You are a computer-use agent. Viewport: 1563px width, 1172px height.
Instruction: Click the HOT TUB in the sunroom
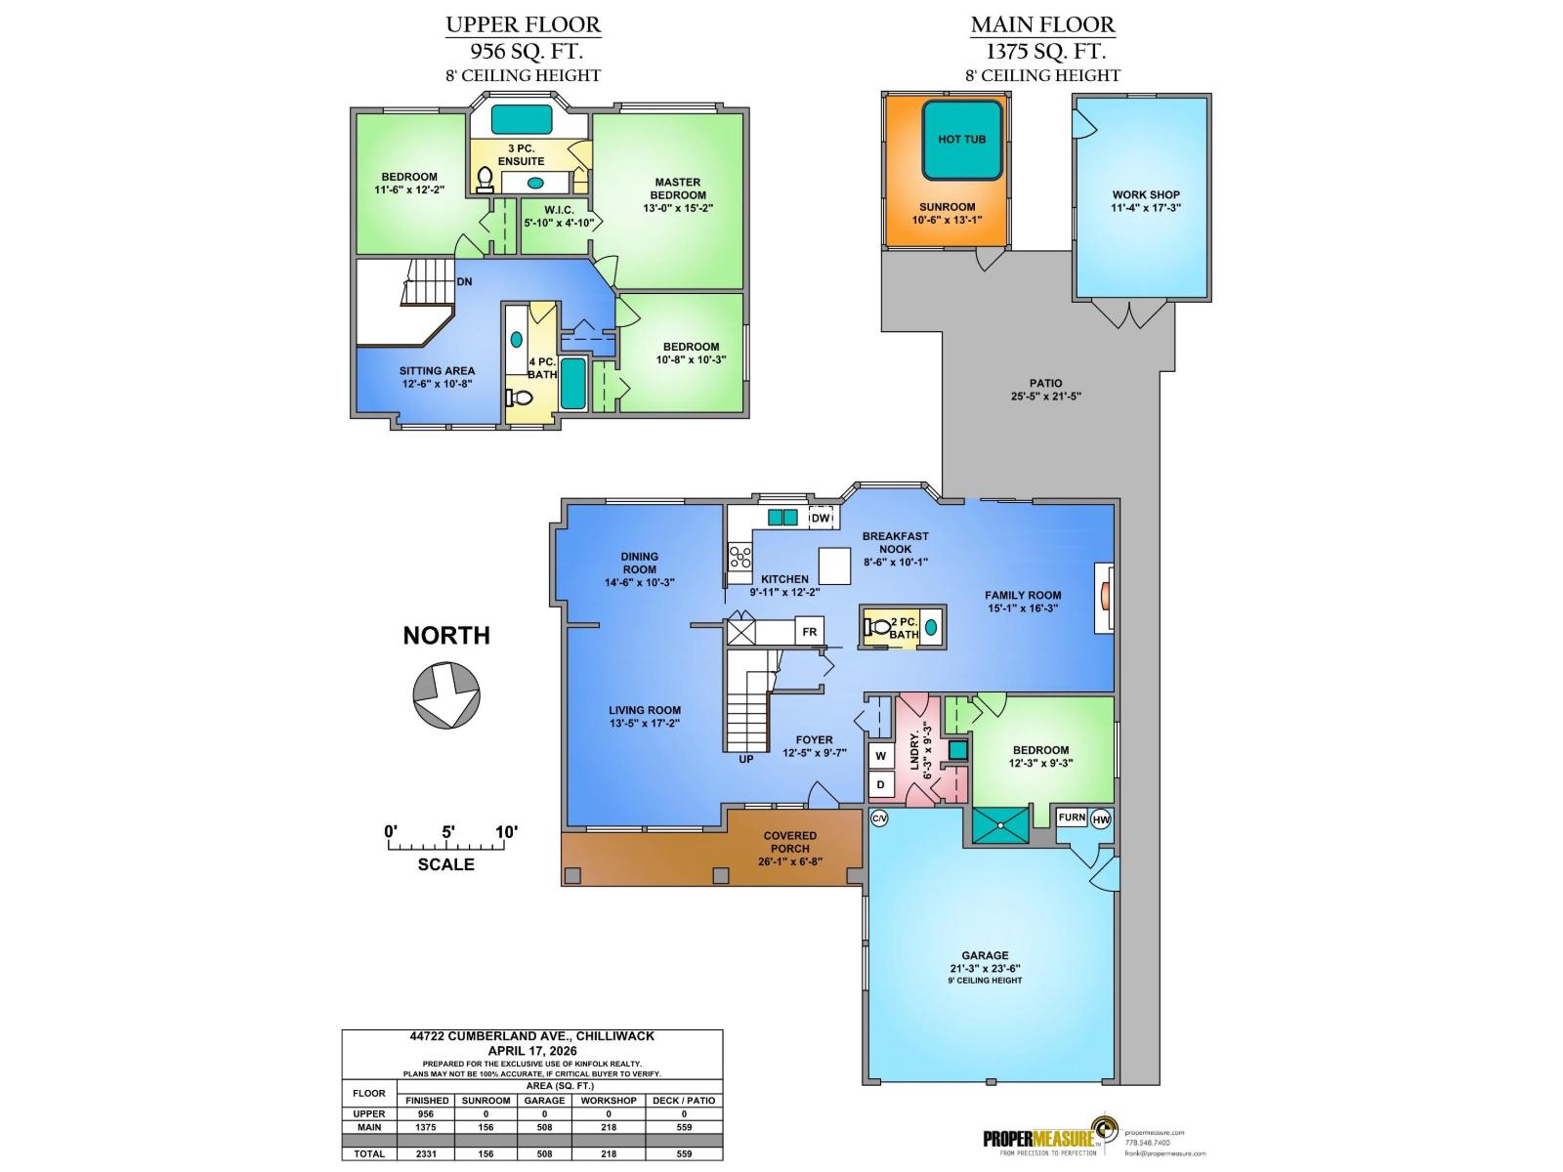962,140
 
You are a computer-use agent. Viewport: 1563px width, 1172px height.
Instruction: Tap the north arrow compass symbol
445,694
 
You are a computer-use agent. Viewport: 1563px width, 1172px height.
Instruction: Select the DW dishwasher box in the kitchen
821,519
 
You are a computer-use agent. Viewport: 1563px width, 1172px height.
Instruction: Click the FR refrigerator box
809,632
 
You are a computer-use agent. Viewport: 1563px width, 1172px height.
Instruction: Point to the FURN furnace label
1072,817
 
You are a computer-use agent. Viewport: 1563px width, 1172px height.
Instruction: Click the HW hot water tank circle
1101,818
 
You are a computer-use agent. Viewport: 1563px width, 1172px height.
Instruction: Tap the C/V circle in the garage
878,818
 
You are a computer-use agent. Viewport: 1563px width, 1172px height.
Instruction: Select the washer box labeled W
880,756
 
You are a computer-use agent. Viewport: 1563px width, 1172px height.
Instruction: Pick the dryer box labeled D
880,784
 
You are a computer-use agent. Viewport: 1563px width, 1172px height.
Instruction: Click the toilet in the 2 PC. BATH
878,627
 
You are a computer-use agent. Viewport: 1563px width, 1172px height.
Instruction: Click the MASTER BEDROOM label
677,188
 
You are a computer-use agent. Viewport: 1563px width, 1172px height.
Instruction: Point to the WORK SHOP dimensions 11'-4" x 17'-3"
1146,208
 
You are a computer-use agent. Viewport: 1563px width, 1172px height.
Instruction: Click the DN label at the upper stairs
464,281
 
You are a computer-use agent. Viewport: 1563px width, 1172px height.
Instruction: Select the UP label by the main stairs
745,759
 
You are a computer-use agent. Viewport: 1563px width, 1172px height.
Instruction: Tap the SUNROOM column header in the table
486,1101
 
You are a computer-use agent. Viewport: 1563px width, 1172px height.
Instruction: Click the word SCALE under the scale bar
445,864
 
